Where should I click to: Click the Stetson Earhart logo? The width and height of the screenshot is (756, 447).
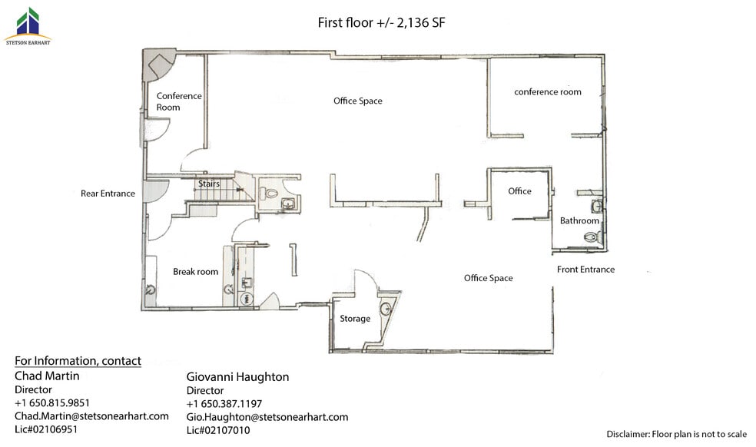pos(28,25)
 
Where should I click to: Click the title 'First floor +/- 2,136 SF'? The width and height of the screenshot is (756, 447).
pos(382,22)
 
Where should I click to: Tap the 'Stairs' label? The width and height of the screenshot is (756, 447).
pos(209,184)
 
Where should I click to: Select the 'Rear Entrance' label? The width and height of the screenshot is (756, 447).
pos(108,194)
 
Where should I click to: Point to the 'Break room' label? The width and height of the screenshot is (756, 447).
pos(195,272)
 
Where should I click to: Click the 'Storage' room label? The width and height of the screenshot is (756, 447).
pos(355,319)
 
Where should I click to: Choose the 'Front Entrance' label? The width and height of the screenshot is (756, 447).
pos(585,270)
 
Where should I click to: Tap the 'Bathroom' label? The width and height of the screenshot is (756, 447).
pos(579,221)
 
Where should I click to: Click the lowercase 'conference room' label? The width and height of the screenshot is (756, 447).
pos(548,92)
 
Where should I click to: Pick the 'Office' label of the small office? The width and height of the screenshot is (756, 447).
pos(519,191)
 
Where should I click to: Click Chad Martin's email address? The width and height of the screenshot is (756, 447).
pos(91,416)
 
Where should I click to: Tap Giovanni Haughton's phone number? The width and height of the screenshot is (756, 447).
pos(224,404)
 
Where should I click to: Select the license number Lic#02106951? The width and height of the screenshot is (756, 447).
pos(46,429)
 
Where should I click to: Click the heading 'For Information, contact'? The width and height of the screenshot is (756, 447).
pos(78,361)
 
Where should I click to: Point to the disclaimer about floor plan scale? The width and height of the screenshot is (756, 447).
pos(676,435)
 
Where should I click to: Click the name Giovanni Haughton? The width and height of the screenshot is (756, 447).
pos(237,377)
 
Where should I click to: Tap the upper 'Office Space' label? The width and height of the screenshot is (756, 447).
pos(357,101)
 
